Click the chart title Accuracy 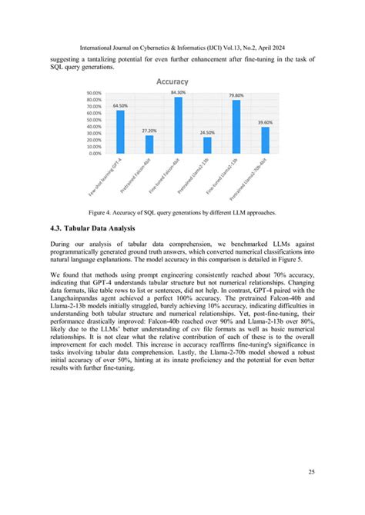coord(172,80)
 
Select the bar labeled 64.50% coord(119,131)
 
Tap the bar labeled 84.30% coord(178,125)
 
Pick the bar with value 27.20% coord(149,144)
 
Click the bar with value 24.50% coord(207,145)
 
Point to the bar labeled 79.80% coord(236,126)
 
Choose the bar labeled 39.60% coord(265,140)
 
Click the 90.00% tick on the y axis coord(95,93)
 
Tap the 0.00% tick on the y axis coord(96,153)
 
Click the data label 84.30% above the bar coord(178,92)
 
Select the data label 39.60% coord(265,122)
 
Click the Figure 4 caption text coord(182,211)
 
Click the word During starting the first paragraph coord(62,244)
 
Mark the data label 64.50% coord(120,105)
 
